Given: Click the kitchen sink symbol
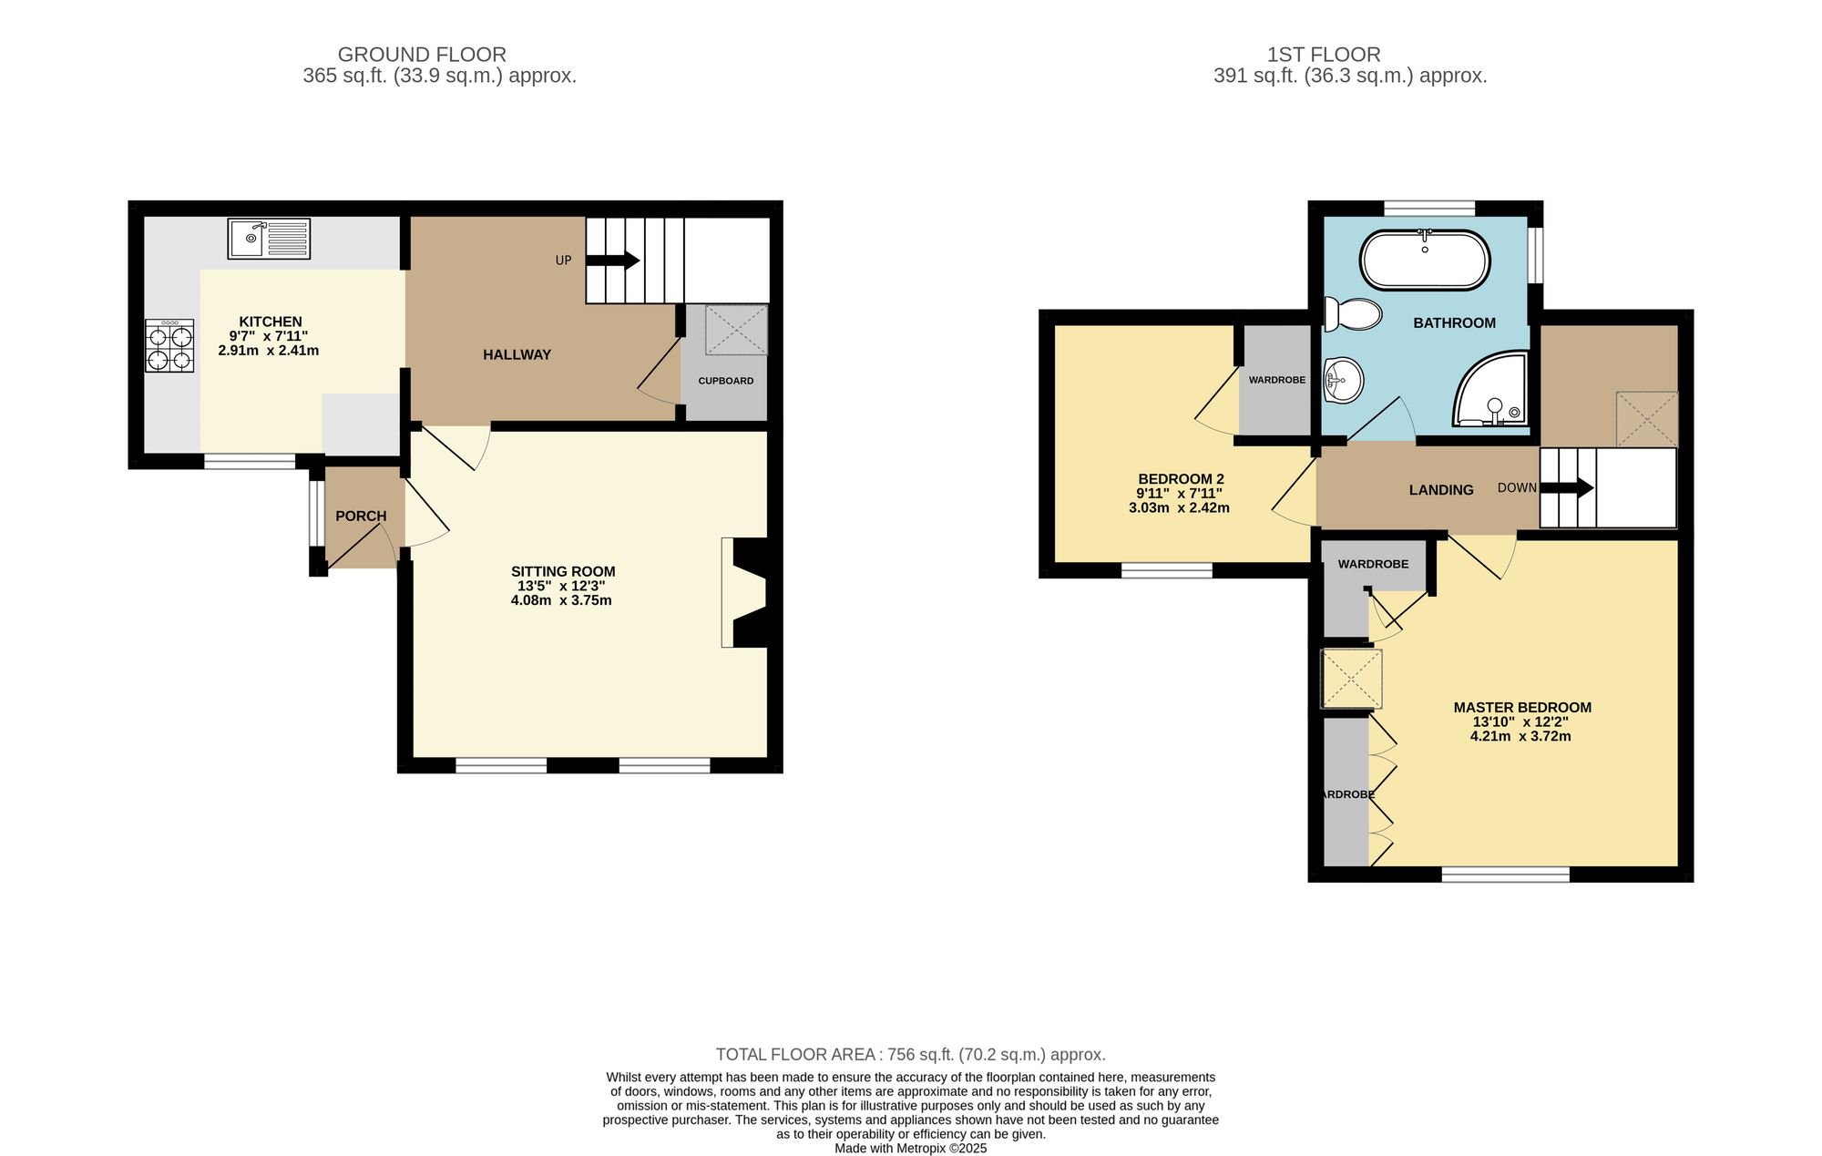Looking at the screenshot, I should click(x=269, y=239).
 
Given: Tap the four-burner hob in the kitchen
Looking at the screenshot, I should click(x=169, y=345).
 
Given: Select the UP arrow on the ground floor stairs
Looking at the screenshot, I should click(x=613, y=261).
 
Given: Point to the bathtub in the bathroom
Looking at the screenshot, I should click(x=1425, y=261).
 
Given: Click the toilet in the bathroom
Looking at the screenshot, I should click(x=1353, y=314).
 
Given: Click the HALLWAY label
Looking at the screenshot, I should click(x=517, y=355).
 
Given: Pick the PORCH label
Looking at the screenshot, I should click(x=361, y=517).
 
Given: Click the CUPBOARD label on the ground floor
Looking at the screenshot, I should click(x=726, y=381).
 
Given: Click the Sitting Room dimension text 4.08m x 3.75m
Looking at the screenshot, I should click(x=561, y=601).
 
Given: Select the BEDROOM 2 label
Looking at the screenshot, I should click(x=1181, y=479).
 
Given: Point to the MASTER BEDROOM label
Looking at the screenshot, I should click(x=1522, y=708).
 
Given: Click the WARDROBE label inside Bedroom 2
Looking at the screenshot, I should click(x=1276, y=380).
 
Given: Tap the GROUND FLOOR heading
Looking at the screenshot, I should click(x=422, y=55).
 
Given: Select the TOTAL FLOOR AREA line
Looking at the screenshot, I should click(x=910, y=1055).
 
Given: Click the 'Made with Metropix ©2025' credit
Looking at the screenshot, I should click(x=910, y=1149).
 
